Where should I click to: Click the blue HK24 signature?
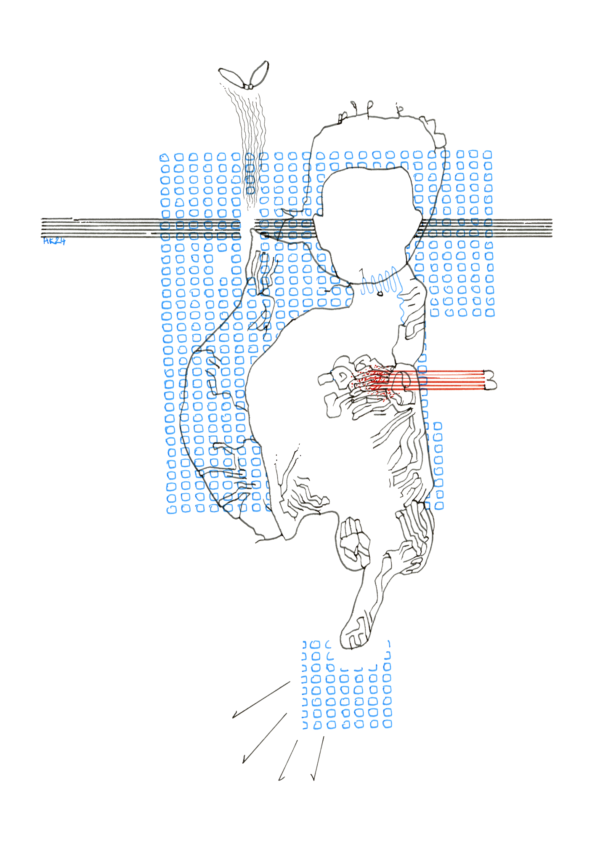(x=54, y=241)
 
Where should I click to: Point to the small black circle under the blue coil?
(x=380, y=294)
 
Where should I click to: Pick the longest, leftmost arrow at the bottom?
(x=261, y=700)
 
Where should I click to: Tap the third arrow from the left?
(x=288, y=760)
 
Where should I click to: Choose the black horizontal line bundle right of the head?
(x=488, y=228)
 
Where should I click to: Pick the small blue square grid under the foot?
(x=347, y=690)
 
